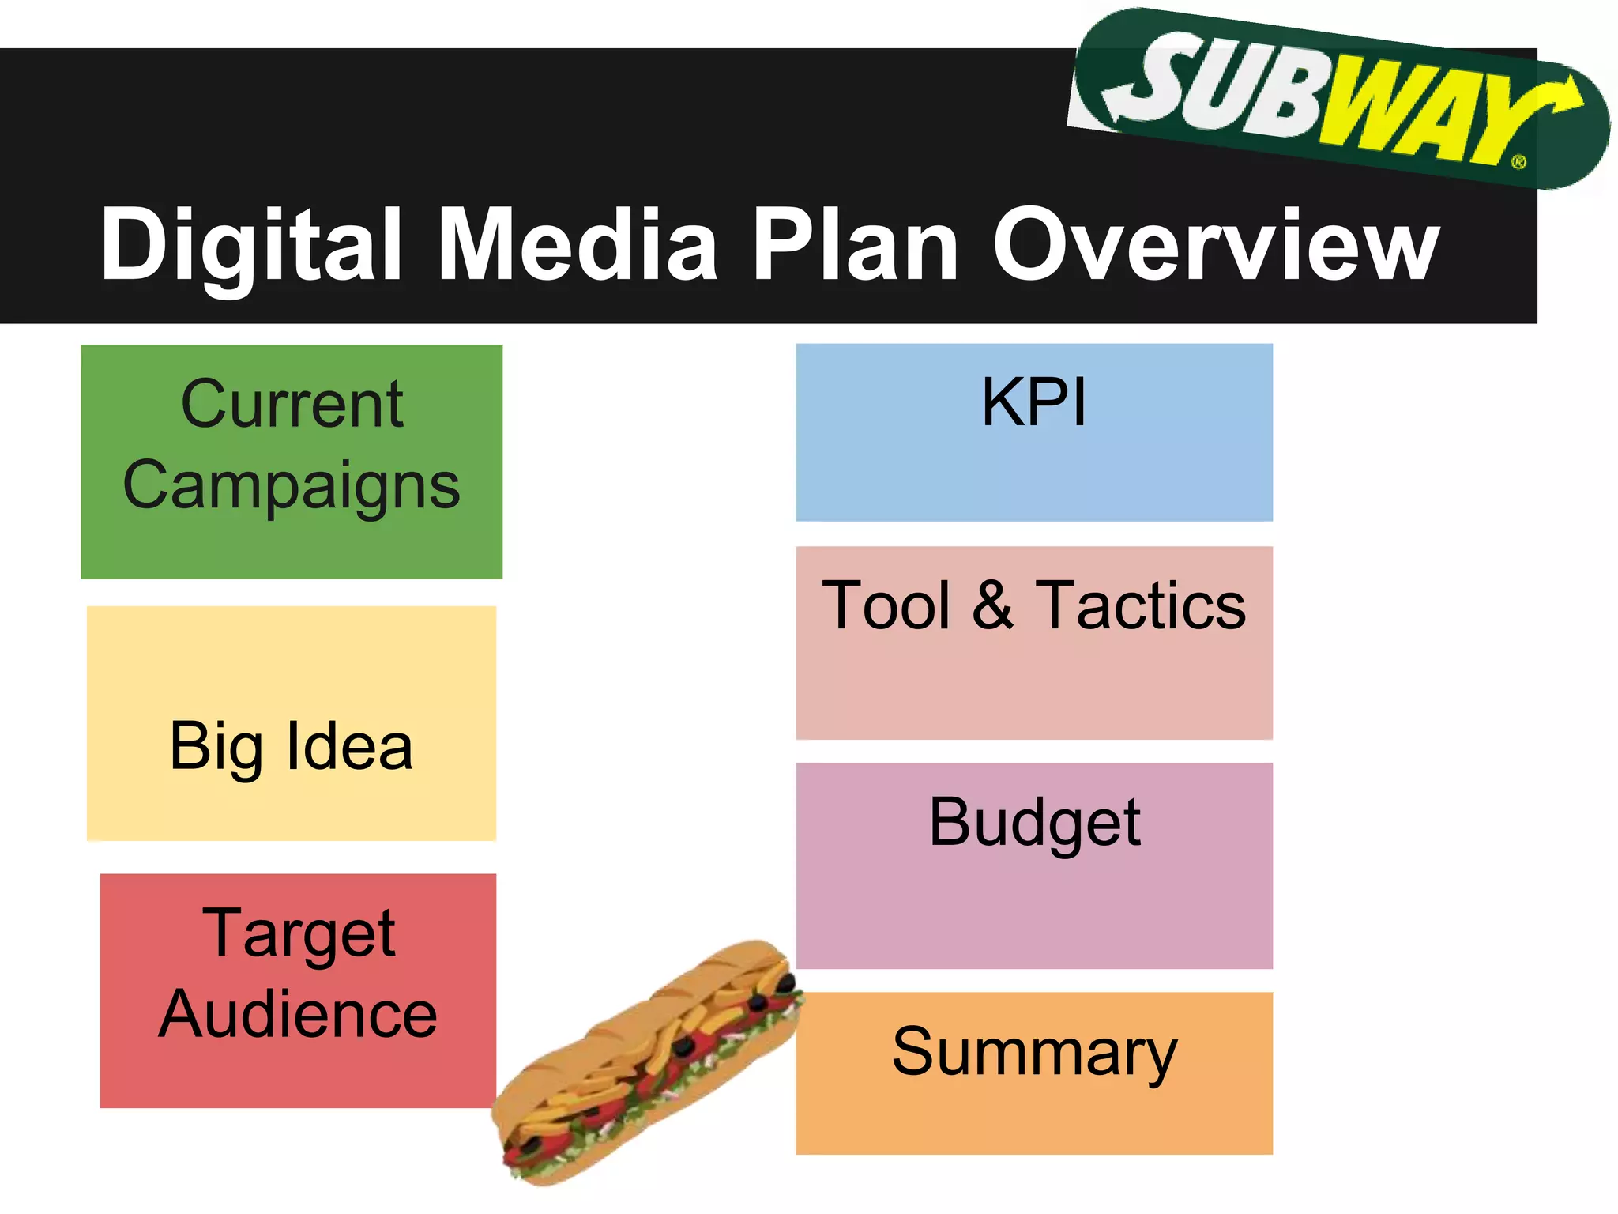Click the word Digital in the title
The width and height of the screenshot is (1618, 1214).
coord(251,245)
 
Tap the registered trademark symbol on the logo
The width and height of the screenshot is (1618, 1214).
coord(1518,162)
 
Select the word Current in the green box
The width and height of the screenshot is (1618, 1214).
coord(292,404)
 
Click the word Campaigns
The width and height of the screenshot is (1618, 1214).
coord(292,485)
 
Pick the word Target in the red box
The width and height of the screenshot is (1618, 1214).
coord(299,933)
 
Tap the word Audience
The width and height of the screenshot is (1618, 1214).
coord(298,1014)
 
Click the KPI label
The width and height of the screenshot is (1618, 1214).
coord(1034,402)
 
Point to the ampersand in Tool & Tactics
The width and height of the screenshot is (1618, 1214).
coord(992,605)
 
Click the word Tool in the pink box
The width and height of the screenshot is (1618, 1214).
coord(886,605)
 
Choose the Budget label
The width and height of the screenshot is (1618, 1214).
coord(1034,823)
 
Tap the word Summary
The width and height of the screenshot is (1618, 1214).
coord(1034,1052)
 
